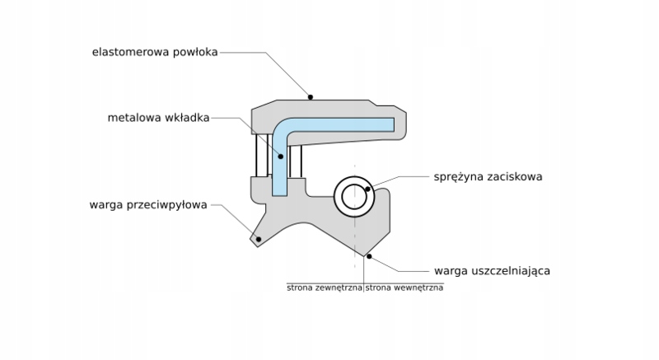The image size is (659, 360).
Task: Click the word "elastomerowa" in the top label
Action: [130, 52]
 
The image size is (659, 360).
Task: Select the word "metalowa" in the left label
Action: [133, 118]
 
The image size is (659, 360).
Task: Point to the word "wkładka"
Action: [186, 118]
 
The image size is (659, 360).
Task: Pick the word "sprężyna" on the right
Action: [457, 176]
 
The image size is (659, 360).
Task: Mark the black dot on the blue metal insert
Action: [281, 156]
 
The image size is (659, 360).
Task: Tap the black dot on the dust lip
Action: [258, 239]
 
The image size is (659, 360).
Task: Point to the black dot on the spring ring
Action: [368, 189]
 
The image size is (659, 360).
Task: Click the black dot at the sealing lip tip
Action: [369, 256]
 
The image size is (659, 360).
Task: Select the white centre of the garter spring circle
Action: [354, 196]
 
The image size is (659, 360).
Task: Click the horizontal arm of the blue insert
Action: [346, 124]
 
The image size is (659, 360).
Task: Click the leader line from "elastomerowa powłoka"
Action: [264, 52]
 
